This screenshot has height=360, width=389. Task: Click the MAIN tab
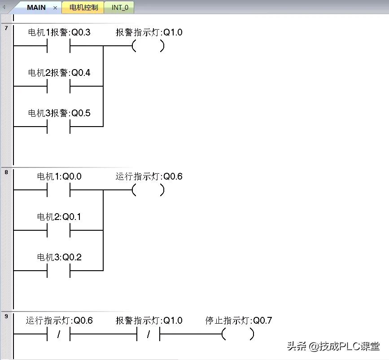pos(36,8)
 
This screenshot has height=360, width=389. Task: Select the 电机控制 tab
pos(83,8)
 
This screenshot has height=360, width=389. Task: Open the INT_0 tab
pos(120,8)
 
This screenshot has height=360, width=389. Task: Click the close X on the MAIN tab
pos(55,8)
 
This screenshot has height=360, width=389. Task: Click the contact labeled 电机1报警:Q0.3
pos(59,46)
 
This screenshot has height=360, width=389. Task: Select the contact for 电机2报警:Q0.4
pos(59,86)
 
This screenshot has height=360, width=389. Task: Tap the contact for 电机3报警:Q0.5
pos(59,127)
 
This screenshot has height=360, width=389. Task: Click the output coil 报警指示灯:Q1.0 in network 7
pos(149,46)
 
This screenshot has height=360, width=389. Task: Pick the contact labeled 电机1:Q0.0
pos(59,190)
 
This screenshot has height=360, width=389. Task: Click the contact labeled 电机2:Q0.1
pos(59,230)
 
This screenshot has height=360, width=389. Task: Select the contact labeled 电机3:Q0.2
pos(59,271)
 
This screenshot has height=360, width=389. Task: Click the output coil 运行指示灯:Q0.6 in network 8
pos(149,190)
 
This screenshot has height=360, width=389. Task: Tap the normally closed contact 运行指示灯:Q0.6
pos(59,334)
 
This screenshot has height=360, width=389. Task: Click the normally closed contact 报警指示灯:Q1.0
pos(149,334)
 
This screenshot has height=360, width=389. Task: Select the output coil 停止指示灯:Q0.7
pos(238,334)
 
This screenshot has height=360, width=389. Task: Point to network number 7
pos(6,29)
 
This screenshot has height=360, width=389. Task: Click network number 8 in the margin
pos(6,172)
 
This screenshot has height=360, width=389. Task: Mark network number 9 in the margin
pos(6,316)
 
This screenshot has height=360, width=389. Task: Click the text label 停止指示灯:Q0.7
pos(238,320)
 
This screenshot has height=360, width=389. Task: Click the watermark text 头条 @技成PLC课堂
pos(333,347)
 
